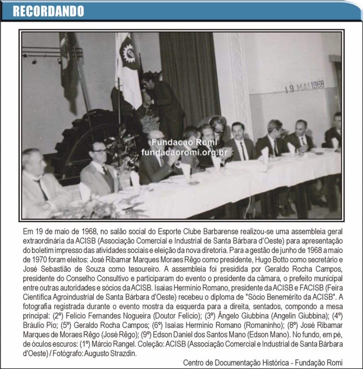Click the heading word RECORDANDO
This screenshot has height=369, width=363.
pyautogui.click(x=48, y=11)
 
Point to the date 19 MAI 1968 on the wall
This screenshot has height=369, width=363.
pyautogui.click(x=305, y=86)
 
